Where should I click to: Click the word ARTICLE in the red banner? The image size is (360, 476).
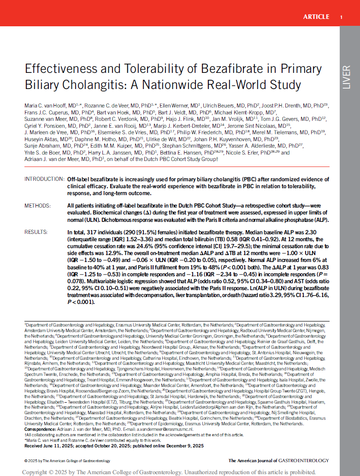point(316,17)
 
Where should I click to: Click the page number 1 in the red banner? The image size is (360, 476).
point(341,17)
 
